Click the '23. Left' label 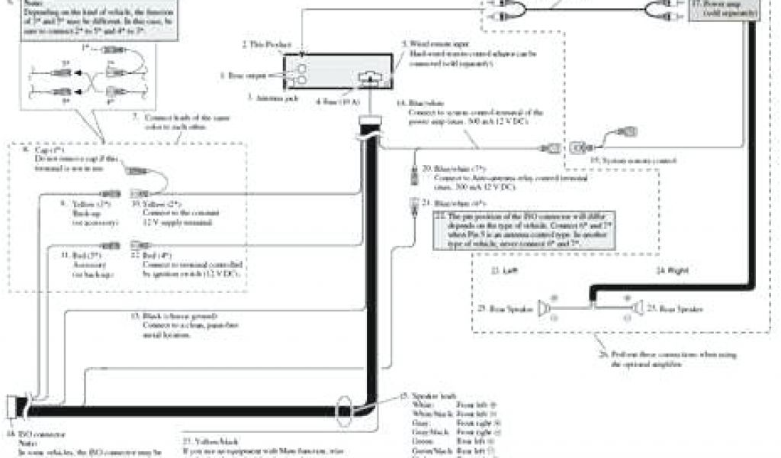(x=500, y=271)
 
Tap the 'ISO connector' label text (x=23, y=442)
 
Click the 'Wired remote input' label (x=431, y=44)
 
